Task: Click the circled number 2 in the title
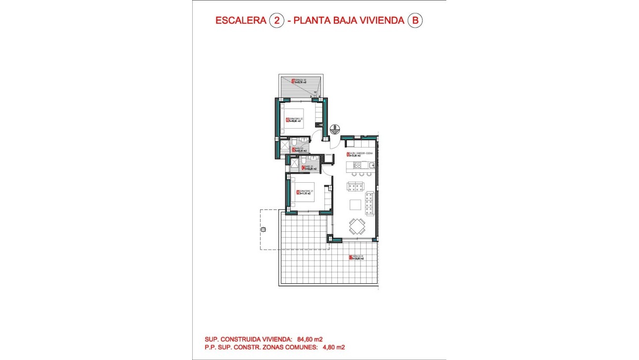click(x=276, y=21)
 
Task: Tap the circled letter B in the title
click(x=415, y=21)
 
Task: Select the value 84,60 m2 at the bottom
click(x=310, y=339)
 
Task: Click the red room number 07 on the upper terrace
click(x=293, y=82)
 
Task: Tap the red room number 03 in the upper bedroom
click(x=287, y=119)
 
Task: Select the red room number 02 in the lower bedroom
click(x=298, y=193)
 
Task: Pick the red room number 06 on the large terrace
click(x=351, y=257)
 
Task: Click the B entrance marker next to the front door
click(x=335, y=128)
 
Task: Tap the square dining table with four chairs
click(x=357, y=226)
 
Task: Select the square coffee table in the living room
click(x=356, y=205)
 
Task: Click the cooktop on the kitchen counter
click(x=357, y=165)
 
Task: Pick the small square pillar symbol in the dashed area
click(x=263, y=229)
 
